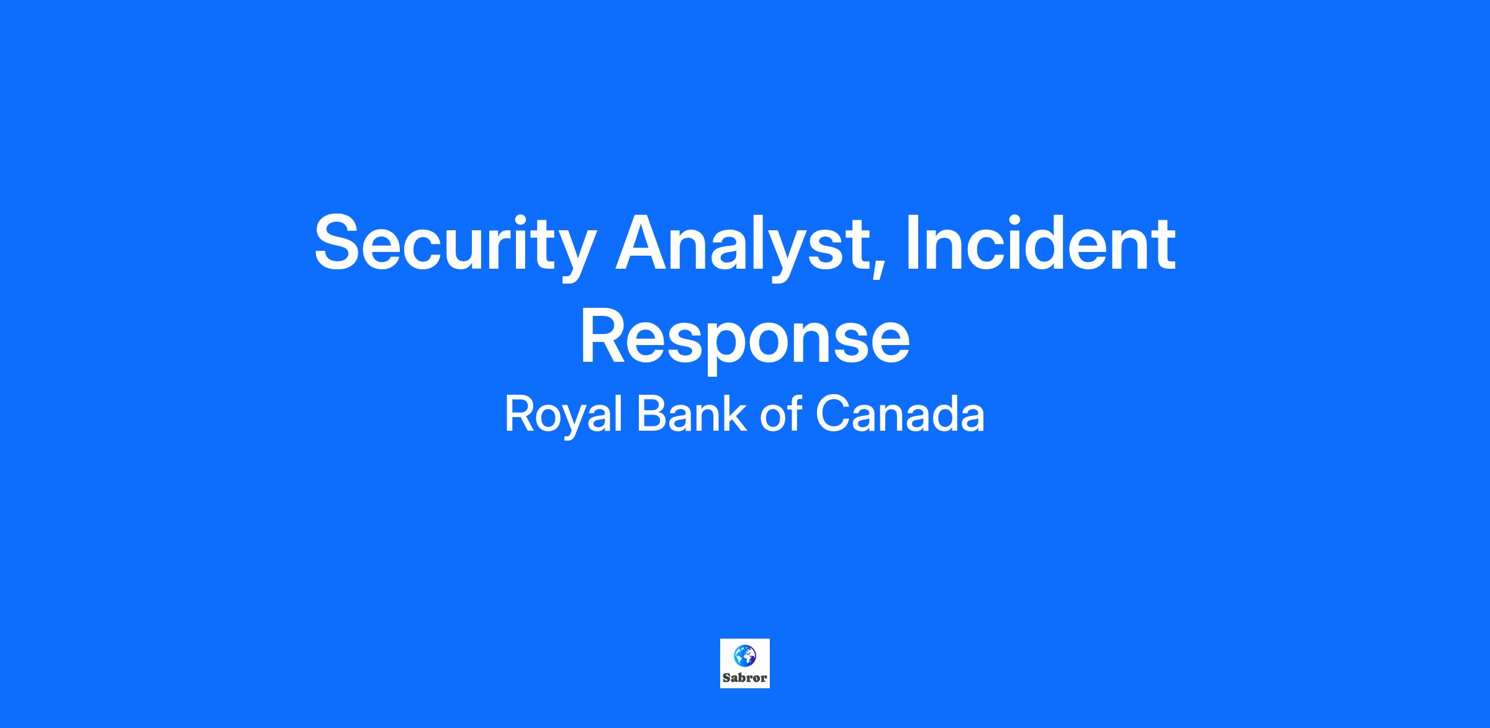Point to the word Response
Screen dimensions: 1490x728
(745, 339)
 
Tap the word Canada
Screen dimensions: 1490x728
(900, 414)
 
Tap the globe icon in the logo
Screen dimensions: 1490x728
(745, 656)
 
